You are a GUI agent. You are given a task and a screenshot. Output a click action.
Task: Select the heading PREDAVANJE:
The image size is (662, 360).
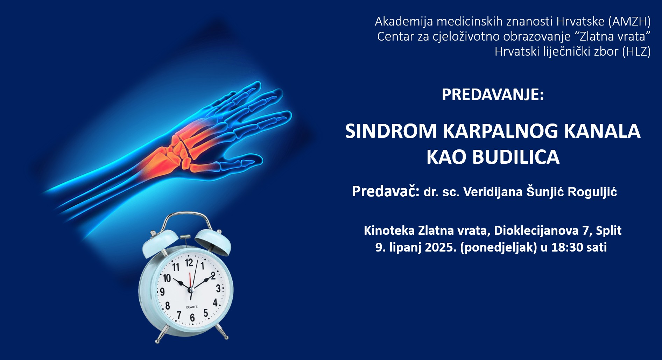pos(493,94)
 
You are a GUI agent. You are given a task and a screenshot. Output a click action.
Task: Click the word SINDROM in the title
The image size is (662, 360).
pos(391,131)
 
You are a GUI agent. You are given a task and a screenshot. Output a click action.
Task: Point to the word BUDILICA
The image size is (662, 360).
pos(516,157)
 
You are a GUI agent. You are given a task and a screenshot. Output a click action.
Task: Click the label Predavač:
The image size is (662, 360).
pos(386,191)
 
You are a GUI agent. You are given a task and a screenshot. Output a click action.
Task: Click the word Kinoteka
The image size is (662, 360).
pos(389,231)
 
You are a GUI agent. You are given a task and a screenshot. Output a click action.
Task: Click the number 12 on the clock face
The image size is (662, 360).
pos(189,263)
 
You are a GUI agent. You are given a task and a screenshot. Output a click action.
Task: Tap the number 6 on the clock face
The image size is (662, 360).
pos(192,317)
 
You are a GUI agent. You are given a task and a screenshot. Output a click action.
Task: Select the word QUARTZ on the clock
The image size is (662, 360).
pos(191,307)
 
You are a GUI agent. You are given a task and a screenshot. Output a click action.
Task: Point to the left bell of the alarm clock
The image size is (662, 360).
pos(160,241)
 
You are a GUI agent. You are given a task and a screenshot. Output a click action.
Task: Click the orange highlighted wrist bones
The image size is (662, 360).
pos(175,147)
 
